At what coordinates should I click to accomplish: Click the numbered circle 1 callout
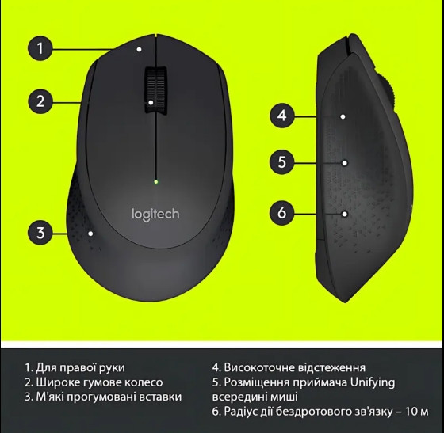pos(40,48)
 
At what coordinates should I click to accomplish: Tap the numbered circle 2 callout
pos(40,101)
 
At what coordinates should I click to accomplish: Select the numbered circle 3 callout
pos(40,233)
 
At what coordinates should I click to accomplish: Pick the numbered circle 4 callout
pos(282,116)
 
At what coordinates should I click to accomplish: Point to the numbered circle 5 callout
pos(282,162)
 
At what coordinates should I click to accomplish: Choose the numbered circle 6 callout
pos(282,213)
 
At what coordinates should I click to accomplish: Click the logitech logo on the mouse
pos(155,215)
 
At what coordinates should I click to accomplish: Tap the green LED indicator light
pos(155,182)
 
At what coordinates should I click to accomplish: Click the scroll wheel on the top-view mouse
pos(155,90)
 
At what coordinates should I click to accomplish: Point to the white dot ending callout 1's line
pos(139,49)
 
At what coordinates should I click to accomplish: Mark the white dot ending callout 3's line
pos(90,234)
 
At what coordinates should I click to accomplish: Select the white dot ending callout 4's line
pos(343,116)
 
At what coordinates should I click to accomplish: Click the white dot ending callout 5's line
pos(345,163)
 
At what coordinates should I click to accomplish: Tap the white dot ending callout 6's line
pos(345,214)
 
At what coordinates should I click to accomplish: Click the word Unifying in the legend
pos(373,383)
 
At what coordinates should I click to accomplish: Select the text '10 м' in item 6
pos(417,412)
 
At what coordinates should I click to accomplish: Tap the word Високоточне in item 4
pos(259,368)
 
